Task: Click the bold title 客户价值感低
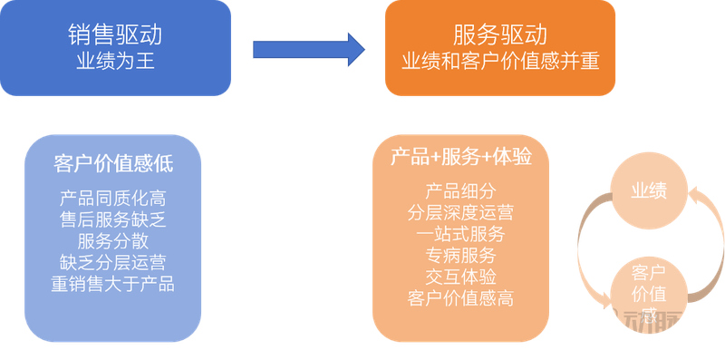(x=113, y=163)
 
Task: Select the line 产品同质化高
(x=113, y=197)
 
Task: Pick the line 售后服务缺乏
(x=113, y=219)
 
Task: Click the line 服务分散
(x=113, y=240)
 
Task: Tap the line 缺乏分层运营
(x=113, y=262)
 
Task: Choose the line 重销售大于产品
(x=113, y=284)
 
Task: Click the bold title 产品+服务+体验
(x=460, y=156)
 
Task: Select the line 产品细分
(x=460, y=191)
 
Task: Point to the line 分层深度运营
(x=460, y=212)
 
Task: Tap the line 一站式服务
(x=460, y=233)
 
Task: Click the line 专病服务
(x=460, y=255)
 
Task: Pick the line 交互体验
(x=460, y=276)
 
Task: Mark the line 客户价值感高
(x=460, y=297)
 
